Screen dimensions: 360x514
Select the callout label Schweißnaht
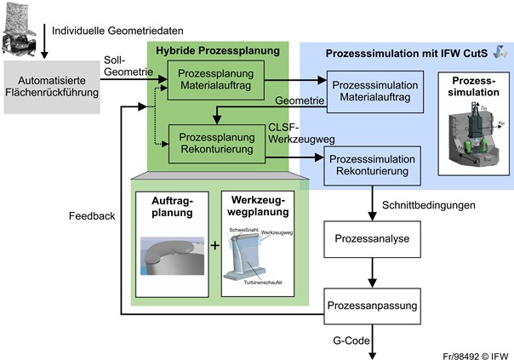coord(242,230)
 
